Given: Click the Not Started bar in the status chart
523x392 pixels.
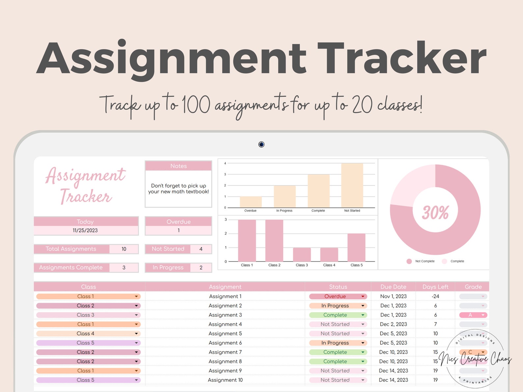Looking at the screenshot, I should pos(352,185).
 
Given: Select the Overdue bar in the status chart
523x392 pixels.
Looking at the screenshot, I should pos(251,202).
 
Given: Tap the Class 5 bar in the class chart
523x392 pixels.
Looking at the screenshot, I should pos(356,247).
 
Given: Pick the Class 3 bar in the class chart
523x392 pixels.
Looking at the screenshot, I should pos(302,254).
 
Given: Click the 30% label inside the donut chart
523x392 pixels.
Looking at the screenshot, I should pos(435,212).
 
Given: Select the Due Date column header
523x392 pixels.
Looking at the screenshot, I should pos(393,287).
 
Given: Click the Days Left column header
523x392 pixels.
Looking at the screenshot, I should pos(435,287).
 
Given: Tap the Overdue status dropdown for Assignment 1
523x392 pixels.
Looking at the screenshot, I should pos(338,296).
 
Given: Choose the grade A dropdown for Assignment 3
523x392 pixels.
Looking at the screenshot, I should pos(473,315).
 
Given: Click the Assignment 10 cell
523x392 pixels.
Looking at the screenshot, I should pos(225,380).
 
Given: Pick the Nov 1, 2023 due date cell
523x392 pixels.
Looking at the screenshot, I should pos(393,296).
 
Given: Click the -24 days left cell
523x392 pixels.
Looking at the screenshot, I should pos(435,296).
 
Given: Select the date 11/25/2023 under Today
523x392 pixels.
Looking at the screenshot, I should pos(85,230).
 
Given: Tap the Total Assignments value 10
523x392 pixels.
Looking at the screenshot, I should pos(124,249).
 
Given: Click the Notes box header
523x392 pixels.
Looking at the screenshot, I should pos(179,166).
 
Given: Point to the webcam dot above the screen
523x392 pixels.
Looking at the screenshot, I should pos(261,144).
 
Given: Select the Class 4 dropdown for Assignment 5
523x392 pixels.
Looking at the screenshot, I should pos(88,333).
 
